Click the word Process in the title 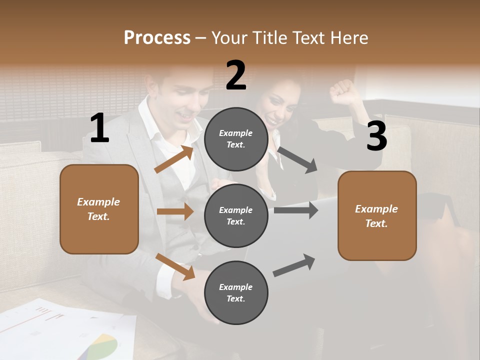point(157,38)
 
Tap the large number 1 point(99,128)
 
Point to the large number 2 point(235,75)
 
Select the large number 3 point(376,136)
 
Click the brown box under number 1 point(99,209)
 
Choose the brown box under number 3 point(377,215)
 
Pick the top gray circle point(236,139)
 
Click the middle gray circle point(236,215)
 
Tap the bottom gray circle point(236,292)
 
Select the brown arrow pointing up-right point(174,159)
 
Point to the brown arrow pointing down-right point(175,266)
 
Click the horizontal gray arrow point(296,210)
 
